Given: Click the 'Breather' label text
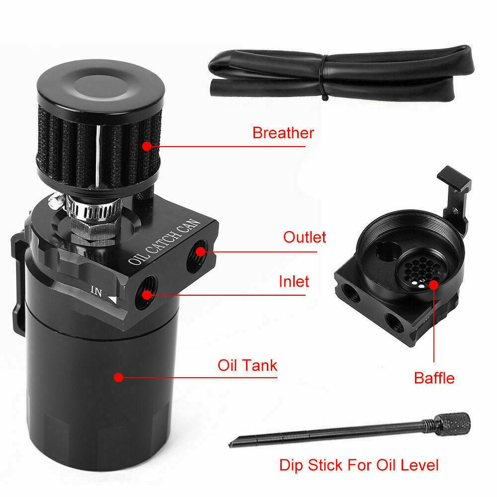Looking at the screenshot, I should coord(283,133).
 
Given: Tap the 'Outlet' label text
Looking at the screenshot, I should coord(305,237).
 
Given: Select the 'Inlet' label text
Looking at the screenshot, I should coord(294,282).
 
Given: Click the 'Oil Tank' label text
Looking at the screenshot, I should coord(247,365).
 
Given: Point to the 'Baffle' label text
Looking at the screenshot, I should coord(434,378).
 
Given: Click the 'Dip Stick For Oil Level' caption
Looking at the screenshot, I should coord(359,465).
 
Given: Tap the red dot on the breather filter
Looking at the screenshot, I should coord(147,146).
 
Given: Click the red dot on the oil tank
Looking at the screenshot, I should coord(118,377).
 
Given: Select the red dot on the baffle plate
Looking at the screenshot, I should coord(433,284).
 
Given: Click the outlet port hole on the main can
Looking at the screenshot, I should coord(200,251).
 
